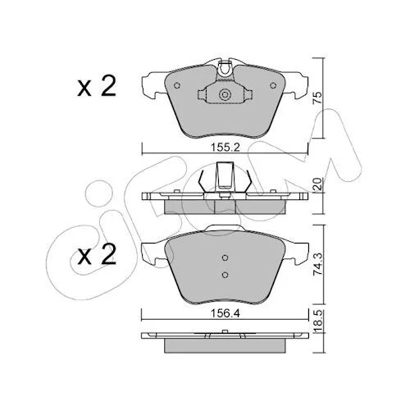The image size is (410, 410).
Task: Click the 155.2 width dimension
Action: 225,148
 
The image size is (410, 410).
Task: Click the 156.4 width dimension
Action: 225,313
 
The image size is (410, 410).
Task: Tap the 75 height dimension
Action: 317,98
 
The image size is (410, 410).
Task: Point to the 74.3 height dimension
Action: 317,264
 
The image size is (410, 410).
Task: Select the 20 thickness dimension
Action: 317,184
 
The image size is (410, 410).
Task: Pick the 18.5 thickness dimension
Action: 317,321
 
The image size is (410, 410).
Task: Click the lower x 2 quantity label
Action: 97,255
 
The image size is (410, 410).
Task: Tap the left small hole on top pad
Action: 177,85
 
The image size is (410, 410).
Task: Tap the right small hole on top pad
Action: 273,85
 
